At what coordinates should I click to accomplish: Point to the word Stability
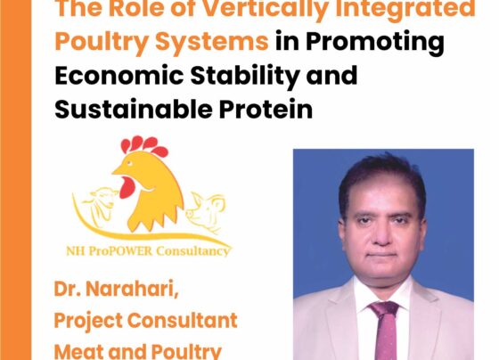(244, 77)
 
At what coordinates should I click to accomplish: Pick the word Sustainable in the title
(134, 110)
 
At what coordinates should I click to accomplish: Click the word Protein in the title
(266, 110)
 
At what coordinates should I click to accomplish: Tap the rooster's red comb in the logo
(143, 145)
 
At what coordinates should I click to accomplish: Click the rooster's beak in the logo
(118, 170)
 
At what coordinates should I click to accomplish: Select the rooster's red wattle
(127, 188)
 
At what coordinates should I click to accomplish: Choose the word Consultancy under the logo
(192, 251)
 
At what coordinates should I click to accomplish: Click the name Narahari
(132, 289)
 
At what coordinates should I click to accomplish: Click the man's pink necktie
(386, 331)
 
